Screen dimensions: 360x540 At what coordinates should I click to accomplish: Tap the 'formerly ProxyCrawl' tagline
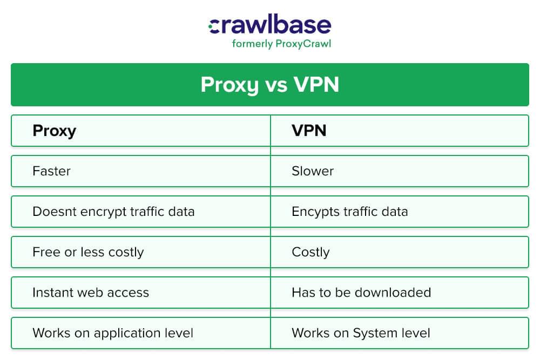point(281,44)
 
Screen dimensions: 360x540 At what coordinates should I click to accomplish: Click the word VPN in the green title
point(317,85)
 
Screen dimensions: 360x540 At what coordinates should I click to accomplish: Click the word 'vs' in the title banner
point(276,85)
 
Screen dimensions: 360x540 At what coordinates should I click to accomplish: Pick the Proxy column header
point(54,131)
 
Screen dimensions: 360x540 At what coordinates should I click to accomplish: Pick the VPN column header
point(309,131)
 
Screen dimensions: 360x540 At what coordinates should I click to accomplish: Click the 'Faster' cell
point(51,171)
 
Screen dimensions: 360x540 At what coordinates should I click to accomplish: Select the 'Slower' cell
point(313,171)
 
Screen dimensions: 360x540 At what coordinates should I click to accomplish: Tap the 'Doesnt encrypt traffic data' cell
point(113,212)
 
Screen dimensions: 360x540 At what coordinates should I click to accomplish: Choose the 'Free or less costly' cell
point(88,252)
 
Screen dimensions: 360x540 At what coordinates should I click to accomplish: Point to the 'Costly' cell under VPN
point(310,252)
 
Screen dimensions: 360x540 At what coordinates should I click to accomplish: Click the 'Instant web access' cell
point(90,293)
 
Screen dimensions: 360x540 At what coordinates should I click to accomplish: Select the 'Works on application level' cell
point(112,333)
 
